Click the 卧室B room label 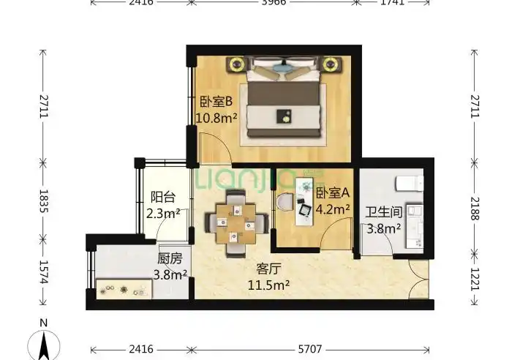pos(216,102)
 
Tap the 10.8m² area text pos(216,116)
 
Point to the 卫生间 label pos(383,213)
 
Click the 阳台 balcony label pos(162,197)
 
